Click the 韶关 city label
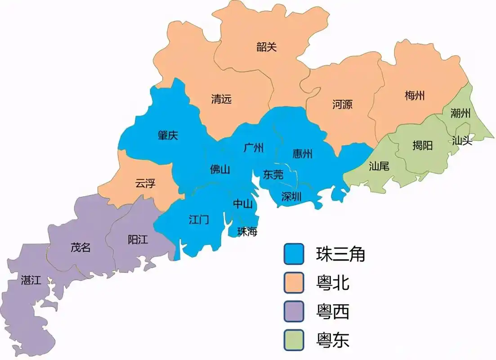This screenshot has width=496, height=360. click(x=267, y=47)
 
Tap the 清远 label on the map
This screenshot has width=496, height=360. click(x=221, y=99)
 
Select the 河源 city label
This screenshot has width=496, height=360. click(x=342, y=104)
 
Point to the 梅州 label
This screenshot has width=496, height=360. click(x=415, y=95)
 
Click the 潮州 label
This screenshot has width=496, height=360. click(x=460, y=113)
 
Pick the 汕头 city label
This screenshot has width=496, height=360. click(x=462, y=140)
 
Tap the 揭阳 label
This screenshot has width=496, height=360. click(x=423, y=145)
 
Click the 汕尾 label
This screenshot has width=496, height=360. click(x=379, y=166)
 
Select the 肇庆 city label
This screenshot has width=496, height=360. click(x=168, y=135)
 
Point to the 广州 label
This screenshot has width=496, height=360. click(x=253, y=148)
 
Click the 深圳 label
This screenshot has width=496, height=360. click(x=291, y=196)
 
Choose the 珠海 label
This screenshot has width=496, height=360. click(x=247, y=232)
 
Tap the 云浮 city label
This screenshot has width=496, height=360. click(x=145, y=183)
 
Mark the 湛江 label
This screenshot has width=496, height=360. click(x=31, y=280)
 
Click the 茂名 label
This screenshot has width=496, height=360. click(x=80, y=247)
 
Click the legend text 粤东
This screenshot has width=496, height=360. click(x=332, y=340)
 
